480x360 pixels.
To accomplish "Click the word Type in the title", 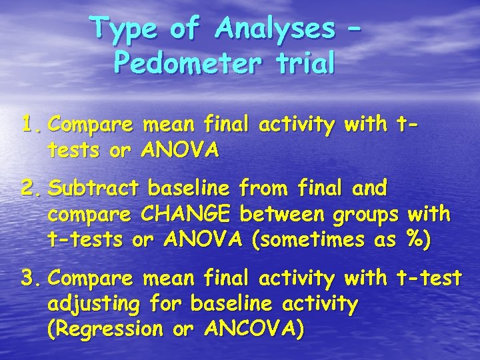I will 126,29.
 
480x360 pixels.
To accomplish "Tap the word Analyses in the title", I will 275,29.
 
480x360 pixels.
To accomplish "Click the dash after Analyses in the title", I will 357,30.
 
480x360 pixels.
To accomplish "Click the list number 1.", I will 31,124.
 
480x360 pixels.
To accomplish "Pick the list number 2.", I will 31,189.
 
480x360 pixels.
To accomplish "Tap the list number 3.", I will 31,279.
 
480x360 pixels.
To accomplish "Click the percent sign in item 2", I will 421,239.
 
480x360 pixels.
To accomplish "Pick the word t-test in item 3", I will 429,279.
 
